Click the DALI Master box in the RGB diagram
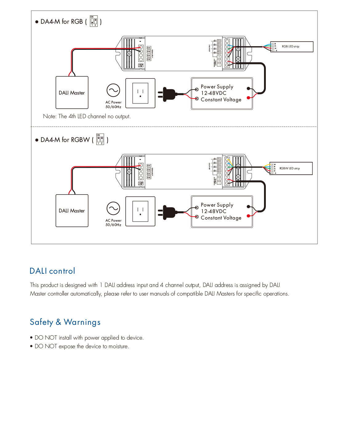tap(72, 92)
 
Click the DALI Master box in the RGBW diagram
tap(72, 211)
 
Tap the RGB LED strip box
tap(292, 47)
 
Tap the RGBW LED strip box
tap(291, 168)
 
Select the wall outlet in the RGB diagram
tap(140, 93)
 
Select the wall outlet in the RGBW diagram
tap(140, 211)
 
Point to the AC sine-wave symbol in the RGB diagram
tap(113, 90)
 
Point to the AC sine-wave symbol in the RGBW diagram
tap(113, 208)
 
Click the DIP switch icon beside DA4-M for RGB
tap(94, 21)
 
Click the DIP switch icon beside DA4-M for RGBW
tap(100, 139)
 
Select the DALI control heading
tap(52, 271)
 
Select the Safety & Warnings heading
tap(65, 322)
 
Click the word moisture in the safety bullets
tap(118, 346)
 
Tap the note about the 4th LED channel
tap(87, 116)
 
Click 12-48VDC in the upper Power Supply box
tap(214, 93)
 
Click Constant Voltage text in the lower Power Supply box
tap(221, 218)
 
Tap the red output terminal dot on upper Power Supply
tap(248, 98)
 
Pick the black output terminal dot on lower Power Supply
tap(248, 207)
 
